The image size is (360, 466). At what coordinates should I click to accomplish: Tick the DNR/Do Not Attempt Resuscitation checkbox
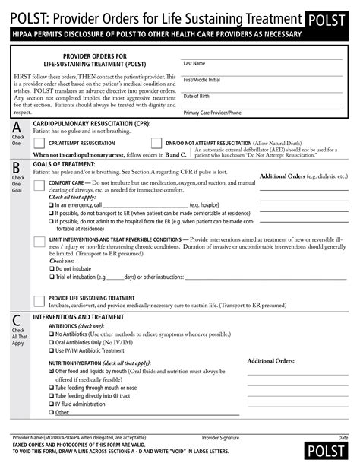pos(157,142)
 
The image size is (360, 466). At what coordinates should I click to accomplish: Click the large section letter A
pos(17,128)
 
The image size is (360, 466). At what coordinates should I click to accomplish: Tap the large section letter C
pos(17,319)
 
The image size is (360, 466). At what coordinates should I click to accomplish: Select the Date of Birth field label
pos(196,96)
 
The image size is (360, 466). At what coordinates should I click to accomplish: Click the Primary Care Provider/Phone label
pos(212,113)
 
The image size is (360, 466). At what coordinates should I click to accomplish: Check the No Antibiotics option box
pos(52,334)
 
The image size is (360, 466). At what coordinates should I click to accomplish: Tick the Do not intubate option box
pos(52,269)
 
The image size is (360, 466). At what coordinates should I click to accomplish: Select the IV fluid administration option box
pos(52,404)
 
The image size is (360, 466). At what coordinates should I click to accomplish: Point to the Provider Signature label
pos(220,439)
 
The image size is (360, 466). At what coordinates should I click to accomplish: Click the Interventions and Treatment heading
pos(79,317)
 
